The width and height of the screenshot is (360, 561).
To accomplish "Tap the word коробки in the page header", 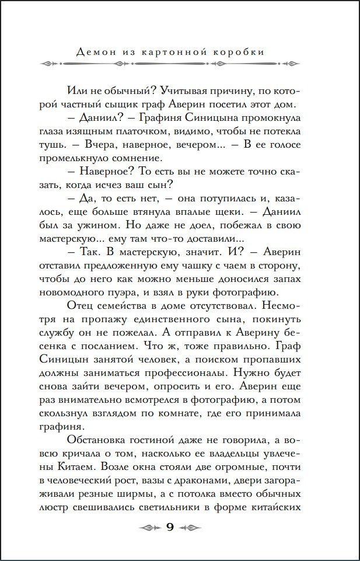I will pos(239,52).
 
